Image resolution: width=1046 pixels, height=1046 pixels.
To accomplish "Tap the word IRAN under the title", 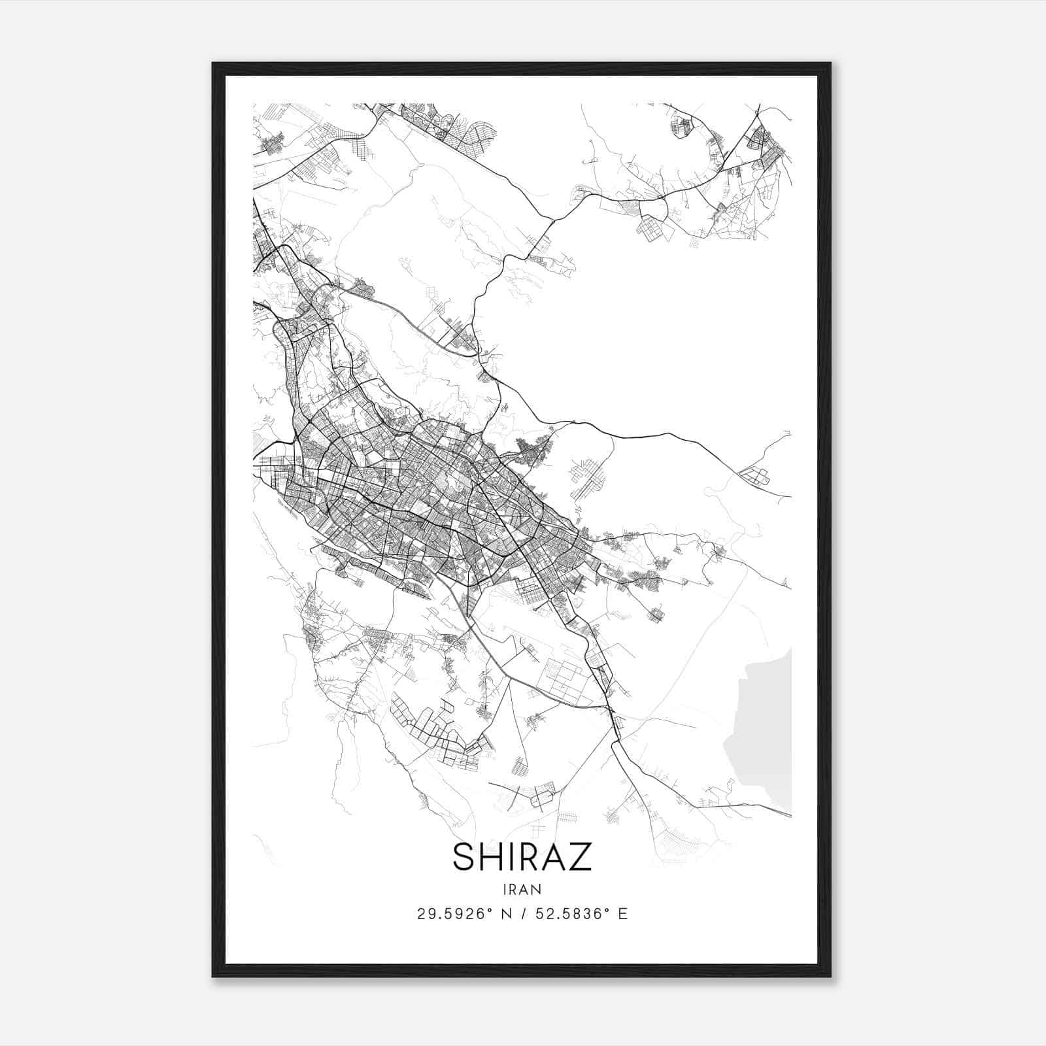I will pyautogui.click(x=522, y=890).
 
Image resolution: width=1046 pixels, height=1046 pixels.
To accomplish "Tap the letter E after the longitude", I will pyautogui.click(x=623, y=914).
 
